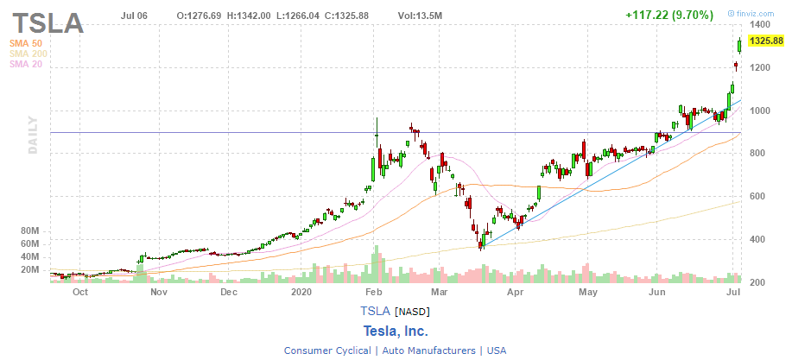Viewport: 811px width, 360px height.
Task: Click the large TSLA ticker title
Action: pos(48,23)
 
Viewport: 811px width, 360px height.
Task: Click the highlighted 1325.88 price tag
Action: pos(766,41)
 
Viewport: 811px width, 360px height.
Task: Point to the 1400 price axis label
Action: pos(761,26)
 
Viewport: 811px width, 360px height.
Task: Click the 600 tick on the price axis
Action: pos(757,197)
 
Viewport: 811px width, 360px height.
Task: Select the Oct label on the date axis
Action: pos(80,293)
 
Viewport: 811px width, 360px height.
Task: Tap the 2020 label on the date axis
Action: pos(301,293)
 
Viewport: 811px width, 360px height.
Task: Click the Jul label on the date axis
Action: pos(733,293)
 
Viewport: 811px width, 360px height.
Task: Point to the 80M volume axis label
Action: pos(30,231)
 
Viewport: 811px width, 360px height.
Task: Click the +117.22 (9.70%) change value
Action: pos(670,15)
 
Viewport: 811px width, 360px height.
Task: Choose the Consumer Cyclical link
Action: pos(327,351)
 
